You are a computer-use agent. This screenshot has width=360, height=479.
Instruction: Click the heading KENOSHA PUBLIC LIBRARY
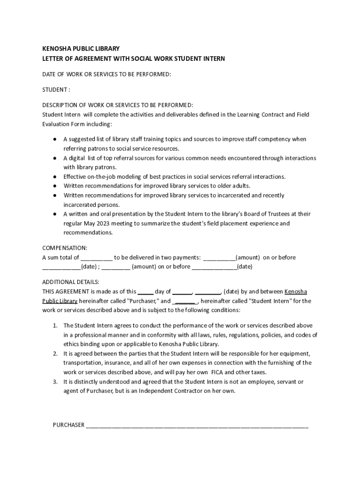coord(81,49)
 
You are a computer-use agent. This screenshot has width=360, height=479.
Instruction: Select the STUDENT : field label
coord(56,89)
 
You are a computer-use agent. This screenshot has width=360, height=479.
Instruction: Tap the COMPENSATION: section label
coord(65,248)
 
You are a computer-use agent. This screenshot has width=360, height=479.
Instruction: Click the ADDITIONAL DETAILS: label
coord(71,282)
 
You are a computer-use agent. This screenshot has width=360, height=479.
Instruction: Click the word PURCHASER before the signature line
coord(69,425)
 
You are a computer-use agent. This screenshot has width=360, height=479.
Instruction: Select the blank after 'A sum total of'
coord(96,258)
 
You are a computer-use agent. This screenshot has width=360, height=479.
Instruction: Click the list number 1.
coord(55,325)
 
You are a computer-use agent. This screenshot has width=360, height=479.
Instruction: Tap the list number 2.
coord(55,353)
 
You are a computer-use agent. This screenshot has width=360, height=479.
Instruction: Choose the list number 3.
coord(55,382)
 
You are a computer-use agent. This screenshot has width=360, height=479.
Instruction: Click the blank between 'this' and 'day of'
coord(145,291)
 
